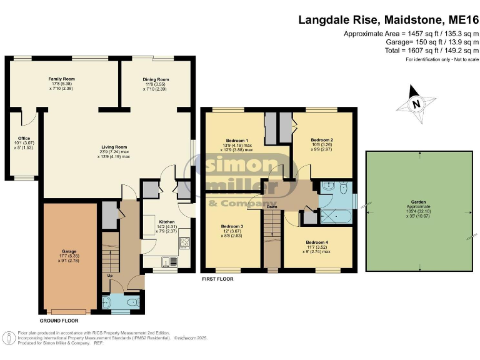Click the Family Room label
pos(61,79)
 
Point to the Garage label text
pos(69,252)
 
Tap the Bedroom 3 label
pos(232,226)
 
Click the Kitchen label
pos(166,222)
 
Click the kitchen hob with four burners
pos(186,242)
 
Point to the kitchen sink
pos(166,261)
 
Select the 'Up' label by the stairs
pos(111,274)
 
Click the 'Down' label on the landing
pos(272,207)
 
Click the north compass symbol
pos(415,104)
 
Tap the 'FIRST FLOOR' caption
pos(217,279)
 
